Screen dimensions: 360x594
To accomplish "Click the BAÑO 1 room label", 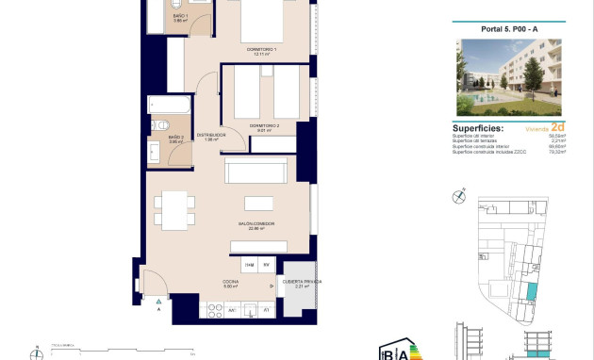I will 181,17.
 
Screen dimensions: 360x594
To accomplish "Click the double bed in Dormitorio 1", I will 261,23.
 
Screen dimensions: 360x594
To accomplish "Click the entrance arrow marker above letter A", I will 158,299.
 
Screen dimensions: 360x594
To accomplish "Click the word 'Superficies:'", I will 478,128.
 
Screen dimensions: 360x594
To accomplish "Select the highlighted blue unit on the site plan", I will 531,292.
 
